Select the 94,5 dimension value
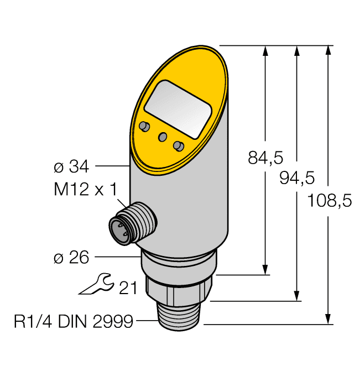pyautogui.click(x=297, y=177)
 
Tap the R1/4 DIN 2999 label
pyautogui.click(x=74, y=321)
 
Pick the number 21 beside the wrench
pyautogui.click(x=128, y=287)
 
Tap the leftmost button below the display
pyautogui.click(x=145, y=127)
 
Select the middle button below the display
pyautogui.click(x=163, y=137)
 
